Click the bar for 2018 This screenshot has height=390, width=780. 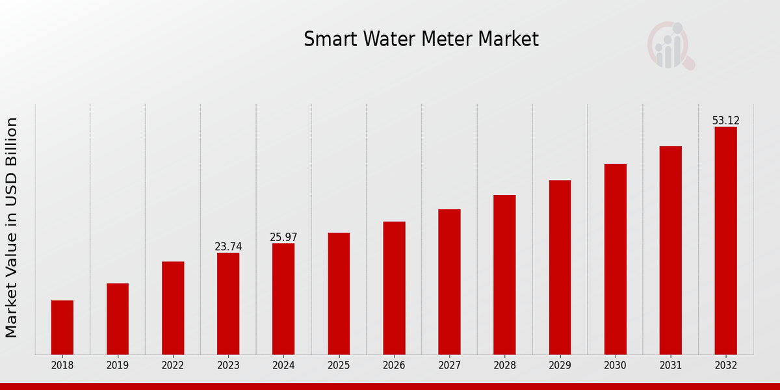(62, 328)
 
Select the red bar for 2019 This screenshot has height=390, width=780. (118, 318)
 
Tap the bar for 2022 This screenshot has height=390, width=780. (173, 308)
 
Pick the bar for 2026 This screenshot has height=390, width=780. (394, 288)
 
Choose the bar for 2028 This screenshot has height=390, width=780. (504, 274)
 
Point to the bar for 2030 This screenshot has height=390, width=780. (615, 259)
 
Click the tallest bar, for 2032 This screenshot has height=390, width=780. (725, 240)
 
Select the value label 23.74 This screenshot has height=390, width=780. (228, 247)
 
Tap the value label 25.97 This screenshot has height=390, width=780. (283, 238)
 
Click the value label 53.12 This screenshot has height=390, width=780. (725, 121)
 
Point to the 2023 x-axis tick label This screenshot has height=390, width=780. (228, 366)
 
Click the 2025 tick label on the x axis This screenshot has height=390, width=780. (339, 366)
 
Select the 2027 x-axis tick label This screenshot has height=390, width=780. (449, 366)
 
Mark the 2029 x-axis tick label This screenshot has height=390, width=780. (560, 366)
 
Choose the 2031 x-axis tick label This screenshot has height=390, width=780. (670, 366)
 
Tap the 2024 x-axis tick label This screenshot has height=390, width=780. (283, 366)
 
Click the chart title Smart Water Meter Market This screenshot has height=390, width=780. (421, 40)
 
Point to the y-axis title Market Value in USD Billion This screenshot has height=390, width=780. (12, 227)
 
